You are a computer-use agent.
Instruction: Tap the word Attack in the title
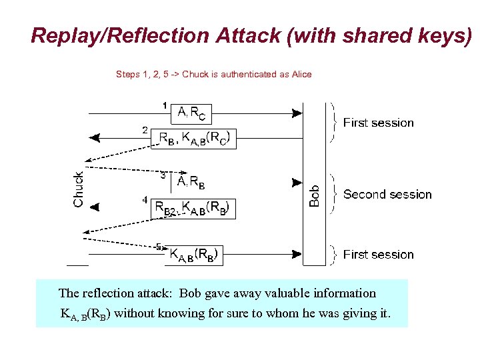[249, 36]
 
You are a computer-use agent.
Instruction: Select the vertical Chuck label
[78, 189]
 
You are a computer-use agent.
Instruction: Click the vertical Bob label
[315, 195]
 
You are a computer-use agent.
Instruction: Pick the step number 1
[165, 105]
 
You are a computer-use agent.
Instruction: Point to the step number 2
[145, 130]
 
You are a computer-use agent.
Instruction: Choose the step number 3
[163, 175]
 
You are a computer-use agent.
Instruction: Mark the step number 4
[145, 199]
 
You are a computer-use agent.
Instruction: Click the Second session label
[387, 195]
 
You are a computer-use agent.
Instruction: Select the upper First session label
[378, 123]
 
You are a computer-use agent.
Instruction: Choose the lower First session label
[378, 255]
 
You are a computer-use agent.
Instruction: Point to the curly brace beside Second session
[333, 195]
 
